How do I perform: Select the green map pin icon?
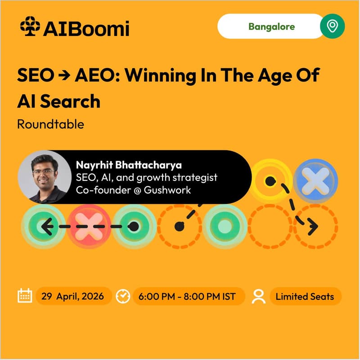pos(333,27)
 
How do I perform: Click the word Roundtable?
pos(50,124)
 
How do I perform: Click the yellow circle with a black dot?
pos(269,181)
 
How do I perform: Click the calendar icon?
pos(24,296)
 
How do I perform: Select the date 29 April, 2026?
pos(73,296)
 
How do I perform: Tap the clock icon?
pos(123,296)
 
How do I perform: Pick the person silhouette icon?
pos(259,296)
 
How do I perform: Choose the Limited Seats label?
pos(305,296)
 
